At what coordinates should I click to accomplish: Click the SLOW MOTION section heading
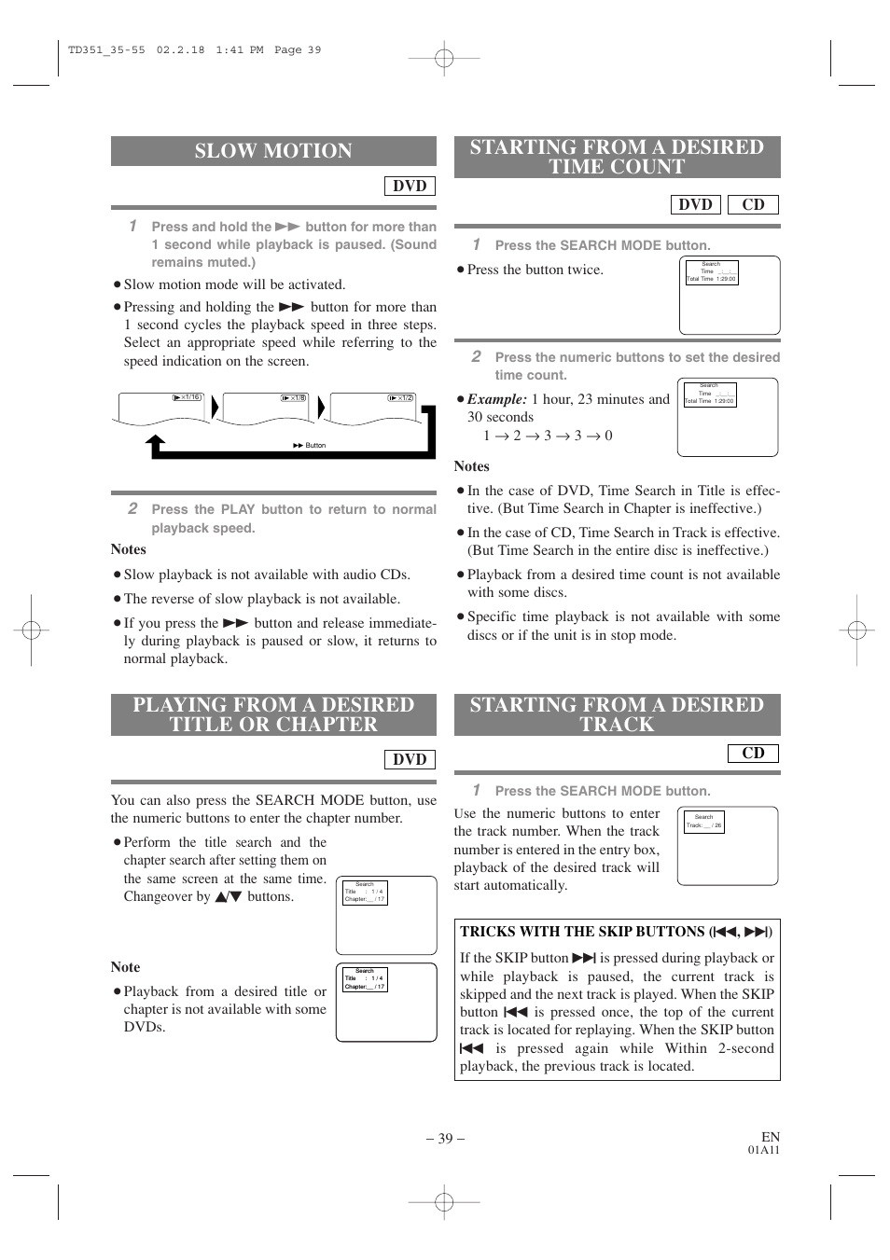tap(273, 151)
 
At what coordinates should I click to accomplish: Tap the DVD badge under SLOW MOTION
tap(410, 186)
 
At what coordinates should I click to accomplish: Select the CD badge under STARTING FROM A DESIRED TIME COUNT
tap(753, 204)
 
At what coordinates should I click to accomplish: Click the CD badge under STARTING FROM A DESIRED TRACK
tap(753, 753)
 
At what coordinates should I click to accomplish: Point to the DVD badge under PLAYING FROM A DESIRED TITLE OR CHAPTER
tap(410, 759)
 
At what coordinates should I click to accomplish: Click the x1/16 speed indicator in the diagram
tap(188, 397)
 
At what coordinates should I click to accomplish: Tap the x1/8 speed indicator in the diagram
tap(294, 397)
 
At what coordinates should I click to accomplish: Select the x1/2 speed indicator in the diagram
tap(401, 397)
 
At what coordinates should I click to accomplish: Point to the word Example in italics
tap(496, 399)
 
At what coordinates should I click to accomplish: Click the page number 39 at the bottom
tap(445, 1138)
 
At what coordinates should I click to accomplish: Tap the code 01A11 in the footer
tap(763, 1150)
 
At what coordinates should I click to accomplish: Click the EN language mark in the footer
tap(771, 1137)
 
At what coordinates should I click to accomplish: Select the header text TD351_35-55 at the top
tap(106, 50)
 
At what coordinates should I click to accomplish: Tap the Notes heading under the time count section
tap(471, 466)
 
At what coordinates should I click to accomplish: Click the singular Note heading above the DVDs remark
tap(125, 967)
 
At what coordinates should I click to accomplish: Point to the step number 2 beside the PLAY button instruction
tap(132, 508)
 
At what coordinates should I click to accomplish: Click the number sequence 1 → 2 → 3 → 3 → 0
tap(548, 436)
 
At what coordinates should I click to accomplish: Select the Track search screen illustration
tap(728, 846)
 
